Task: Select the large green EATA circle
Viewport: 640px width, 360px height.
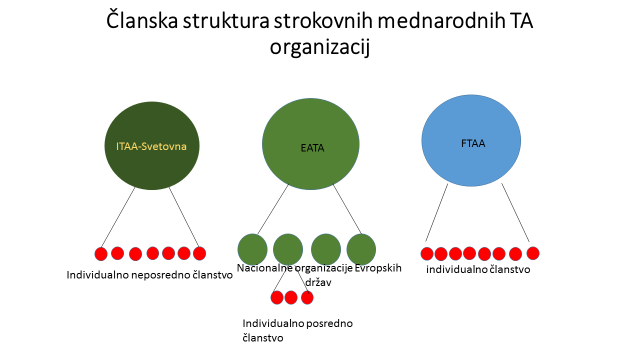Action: click(309, 147)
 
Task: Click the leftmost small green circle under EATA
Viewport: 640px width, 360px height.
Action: click(252, 249)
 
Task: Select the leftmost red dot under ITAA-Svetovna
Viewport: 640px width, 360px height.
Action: click(101, 253)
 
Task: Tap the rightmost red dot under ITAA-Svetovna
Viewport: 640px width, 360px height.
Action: click(199, 253)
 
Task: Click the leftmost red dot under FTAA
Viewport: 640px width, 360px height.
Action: click(427, 253)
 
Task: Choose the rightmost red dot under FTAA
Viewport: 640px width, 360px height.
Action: click(533, 253)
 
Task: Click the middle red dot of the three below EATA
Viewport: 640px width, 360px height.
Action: click(291, 297)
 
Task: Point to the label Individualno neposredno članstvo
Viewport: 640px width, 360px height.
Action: click(149, 274)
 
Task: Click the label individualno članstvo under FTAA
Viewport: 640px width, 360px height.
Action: click(477, 270)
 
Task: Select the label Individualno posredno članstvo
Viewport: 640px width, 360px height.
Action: click(297, 330)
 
